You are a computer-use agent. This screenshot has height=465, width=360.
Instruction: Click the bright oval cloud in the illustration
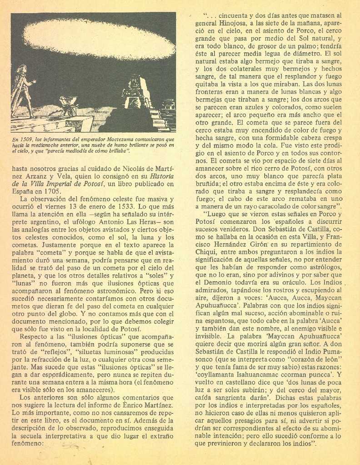tap(99, 40)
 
